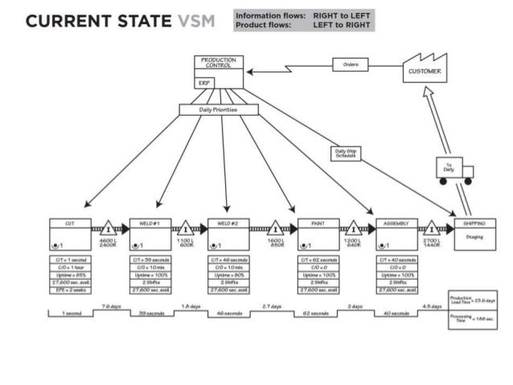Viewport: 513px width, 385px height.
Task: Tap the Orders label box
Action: (x=351, y=64)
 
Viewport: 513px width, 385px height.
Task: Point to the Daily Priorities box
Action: (x=218, y=109)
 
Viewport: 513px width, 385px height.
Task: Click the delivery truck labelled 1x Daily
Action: (x=453, y=170)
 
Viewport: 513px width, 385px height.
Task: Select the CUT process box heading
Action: (x=68, y=223)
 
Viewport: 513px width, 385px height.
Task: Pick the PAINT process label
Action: (x=316, y=223)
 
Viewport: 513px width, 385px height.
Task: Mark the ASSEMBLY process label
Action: (x=396, y=223)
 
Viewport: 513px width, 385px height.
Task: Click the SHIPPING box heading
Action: (x=474, y=223)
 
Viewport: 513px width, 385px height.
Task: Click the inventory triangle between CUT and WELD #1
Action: (x=109, y=230)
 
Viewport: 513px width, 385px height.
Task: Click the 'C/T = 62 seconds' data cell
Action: (x=316, y=260)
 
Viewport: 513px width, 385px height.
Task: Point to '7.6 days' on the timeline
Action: (x=110, y=306)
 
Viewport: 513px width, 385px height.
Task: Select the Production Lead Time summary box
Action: (x=473, y=300)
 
